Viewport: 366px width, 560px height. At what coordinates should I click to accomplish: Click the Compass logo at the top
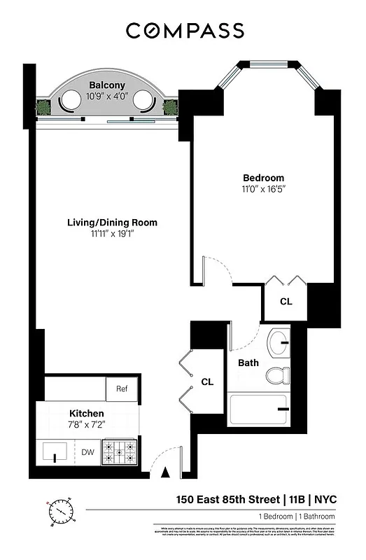point(185,31)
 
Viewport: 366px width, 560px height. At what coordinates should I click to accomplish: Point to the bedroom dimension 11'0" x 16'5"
point(263,189)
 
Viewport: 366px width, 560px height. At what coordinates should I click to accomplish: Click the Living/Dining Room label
point(112,223)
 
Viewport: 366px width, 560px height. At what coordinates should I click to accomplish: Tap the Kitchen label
point(86,414)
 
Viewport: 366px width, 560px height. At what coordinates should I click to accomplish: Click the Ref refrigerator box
point(122,389)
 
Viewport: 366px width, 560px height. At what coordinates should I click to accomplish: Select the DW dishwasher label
point(87,452)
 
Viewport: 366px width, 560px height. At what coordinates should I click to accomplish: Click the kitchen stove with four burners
point(120,452)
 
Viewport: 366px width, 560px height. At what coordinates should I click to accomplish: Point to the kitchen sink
point(55,452)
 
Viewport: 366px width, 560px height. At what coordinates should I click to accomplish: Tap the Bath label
point(248,363)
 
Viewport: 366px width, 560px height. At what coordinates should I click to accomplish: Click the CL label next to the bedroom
point(286,302)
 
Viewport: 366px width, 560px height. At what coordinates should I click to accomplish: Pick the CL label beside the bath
point(207,382)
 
